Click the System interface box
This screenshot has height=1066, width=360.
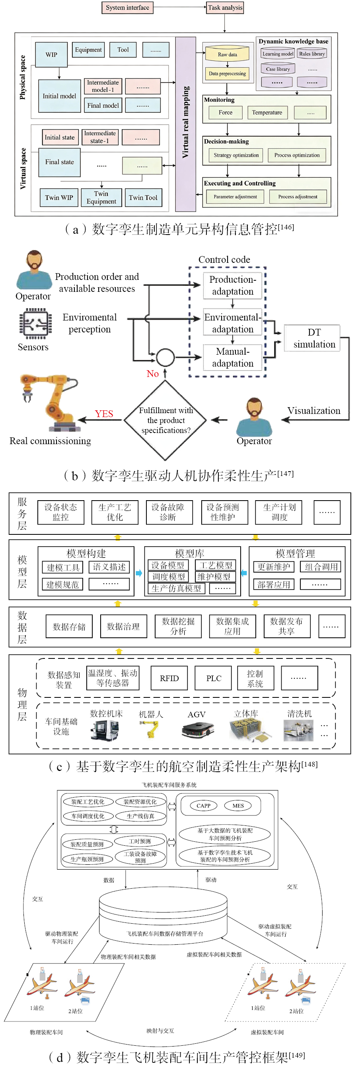coord(127,8)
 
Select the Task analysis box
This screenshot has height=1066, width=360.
coord(225,8)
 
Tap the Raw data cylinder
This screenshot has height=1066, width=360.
coord(227,54)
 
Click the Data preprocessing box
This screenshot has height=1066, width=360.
coord(227,74)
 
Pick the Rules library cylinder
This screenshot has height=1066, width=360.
coord(311,54)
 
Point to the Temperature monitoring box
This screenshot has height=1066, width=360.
coord(267,113)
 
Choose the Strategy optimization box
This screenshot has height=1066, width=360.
coord(236,155)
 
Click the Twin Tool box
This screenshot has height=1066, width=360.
coord(143,198)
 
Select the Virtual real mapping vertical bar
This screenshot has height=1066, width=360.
coord(185,124)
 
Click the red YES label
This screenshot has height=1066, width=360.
coord(104,414)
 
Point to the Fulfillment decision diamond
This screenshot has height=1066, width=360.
coord(165,420)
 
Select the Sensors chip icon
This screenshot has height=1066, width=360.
coord(35,323)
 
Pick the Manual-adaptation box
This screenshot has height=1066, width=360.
coord(233,357)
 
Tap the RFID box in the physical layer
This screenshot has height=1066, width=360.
coord(169,678)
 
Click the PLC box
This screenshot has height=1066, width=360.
coord(214,678)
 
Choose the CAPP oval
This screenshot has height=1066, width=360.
coord(203,806)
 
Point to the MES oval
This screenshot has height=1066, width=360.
coord(238,806)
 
